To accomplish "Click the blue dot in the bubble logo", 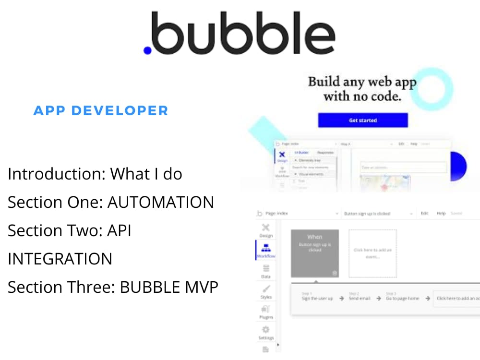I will pos(147,50).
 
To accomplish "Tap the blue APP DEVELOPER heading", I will pos(101,110).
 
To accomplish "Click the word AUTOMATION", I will pos(160,202).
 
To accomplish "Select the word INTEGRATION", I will pos(60,259).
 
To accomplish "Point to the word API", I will pos(119,231).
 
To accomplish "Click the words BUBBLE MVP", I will pos(169,288).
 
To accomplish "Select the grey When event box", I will pos(315,253).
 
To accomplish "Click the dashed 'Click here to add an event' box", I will pos(372,253).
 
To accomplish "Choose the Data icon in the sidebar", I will pos(266,271).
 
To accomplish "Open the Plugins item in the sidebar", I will pos(266,312).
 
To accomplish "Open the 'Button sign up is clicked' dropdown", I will pos(377,214).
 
